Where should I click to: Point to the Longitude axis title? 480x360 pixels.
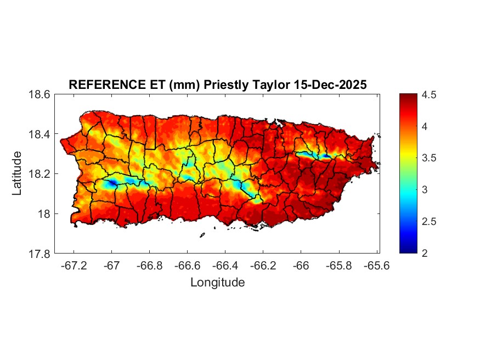point(217,283)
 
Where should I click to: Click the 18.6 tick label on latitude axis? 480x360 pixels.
point(39,94)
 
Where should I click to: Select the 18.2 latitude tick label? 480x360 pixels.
point(39,174)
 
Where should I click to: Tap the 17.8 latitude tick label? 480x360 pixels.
point(39,254)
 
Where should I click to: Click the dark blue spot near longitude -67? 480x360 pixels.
point(112,183)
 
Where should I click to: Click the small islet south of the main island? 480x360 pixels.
point(202,235)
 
